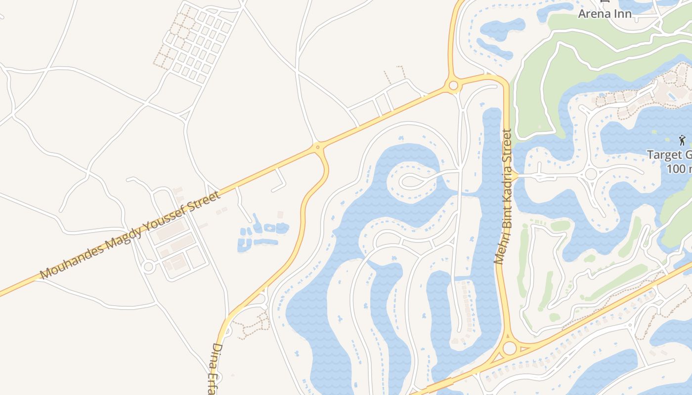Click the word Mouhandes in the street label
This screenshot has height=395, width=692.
(72, 260)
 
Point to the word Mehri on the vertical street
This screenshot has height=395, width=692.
(500, 250)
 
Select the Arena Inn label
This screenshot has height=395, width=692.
(605, 13)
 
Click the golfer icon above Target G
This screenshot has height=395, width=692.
(682, 140)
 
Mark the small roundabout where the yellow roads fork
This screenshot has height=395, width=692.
(317, 146)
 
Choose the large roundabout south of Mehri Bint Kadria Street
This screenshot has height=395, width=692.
(509, 348)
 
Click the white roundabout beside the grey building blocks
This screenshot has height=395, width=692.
(148, 267)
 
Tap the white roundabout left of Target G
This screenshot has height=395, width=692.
(591, 174)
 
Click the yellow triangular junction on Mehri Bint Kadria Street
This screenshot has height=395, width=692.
(514, 176)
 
